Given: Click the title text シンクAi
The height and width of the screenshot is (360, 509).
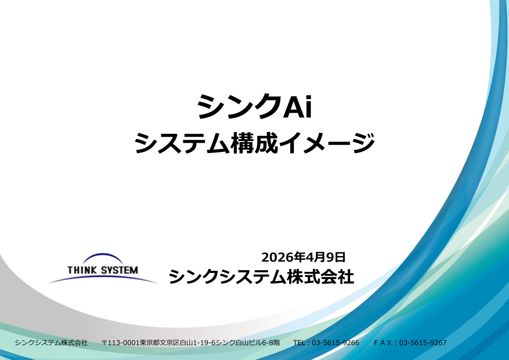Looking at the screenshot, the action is pos(254,107).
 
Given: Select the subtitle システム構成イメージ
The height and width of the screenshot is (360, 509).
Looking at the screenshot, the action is pos(254,143).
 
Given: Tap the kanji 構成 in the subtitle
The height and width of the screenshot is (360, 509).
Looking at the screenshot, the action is pos(254,143).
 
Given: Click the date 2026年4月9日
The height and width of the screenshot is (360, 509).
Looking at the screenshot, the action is pos(303,257).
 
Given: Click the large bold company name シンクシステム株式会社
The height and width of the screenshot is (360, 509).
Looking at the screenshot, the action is pos(261,277).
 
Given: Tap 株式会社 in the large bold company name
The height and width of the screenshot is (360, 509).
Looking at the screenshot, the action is pos(320,277).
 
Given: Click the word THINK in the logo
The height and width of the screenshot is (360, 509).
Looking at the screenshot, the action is pos(82,270).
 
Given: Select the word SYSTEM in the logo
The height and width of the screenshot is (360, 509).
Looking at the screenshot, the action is pos(119,270).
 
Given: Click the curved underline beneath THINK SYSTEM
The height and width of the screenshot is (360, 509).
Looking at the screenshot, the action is pos(103,276).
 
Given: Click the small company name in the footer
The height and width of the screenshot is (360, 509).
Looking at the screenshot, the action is pos(51,343).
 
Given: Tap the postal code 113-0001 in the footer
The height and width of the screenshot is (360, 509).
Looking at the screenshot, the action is pos(123,343).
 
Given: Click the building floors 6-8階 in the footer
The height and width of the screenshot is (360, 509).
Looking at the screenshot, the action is pos(271,343).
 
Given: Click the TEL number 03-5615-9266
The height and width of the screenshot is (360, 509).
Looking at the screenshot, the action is pos(335,343).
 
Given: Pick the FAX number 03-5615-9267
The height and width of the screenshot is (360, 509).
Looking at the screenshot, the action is pos(423,343).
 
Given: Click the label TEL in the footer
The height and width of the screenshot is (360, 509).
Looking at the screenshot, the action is pos(299,343).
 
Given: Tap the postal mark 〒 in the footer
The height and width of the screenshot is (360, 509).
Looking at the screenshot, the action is pos(104,343).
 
